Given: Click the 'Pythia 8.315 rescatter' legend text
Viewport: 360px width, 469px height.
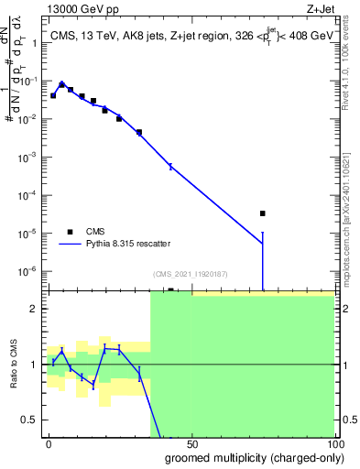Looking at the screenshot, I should [127, 244].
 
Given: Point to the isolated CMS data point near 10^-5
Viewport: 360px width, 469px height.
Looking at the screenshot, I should [262, 213].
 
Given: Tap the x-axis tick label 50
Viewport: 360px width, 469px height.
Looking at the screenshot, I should [191, 442].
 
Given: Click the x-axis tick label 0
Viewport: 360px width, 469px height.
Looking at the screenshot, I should [49, 442].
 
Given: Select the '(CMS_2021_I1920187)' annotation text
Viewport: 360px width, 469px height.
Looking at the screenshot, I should [191, 274].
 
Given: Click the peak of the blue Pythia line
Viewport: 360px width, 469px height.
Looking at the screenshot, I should [61, 82].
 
